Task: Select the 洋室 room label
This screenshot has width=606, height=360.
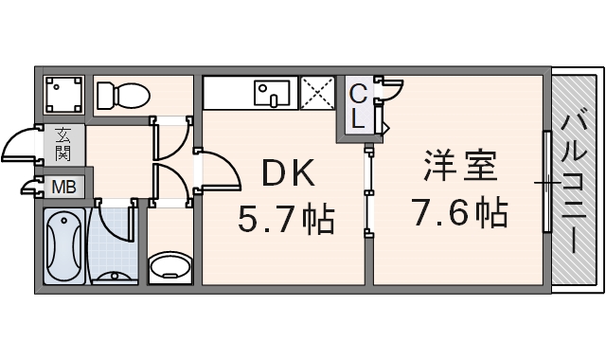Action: coord(459,168)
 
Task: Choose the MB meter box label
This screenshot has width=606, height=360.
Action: coord(63,186)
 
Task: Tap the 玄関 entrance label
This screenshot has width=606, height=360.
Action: coord(64,142)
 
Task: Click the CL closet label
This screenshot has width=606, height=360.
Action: coord(359,105)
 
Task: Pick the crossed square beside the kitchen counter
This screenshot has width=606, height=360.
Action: coord(318,94)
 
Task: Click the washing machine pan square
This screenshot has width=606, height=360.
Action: coord(64,95)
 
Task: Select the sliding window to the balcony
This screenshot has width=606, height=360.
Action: coord(546,181)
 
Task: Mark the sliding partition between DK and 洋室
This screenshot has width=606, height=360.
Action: coord(368,189)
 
